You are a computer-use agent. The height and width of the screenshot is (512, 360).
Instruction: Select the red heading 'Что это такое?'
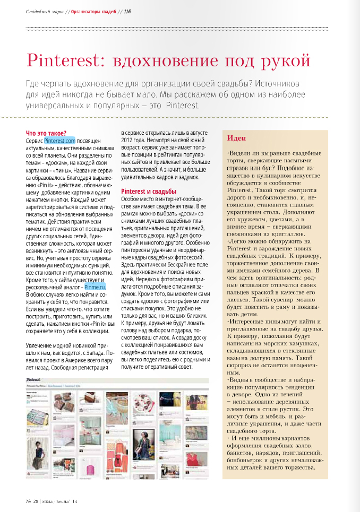[x=46, y=133]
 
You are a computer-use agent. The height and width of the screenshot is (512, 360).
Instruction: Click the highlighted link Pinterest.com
[x=60, y=141]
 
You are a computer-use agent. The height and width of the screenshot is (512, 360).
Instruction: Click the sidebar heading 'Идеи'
[x=236, y=138]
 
